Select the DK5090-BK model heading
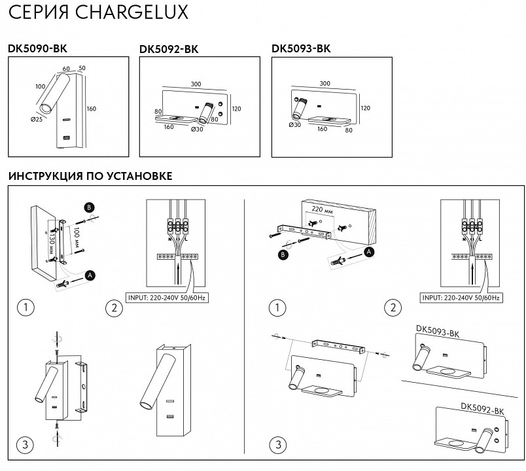pyautogui.click(x=37, y=48)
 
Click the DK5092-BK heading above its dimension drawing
pyautogui.click(x=169, y=50)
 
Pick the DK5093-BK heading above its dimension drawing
pyautogui.click(x=301, y=48)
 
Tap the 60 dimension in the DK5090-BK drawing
pyautogui.click(x=66, y=68)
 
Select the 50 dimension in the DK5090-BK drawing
pyautogui.click(x=82, y=68)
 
